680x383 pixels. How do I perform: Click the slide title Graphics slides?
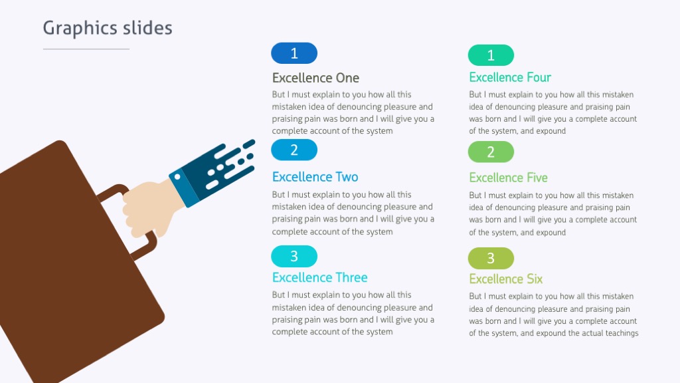[x=108, y=28]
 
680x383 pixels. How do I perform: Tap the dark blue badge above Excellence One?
[x=294, y=53]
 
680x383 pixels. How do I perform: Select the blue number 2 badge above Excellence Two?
[x=294, y=150]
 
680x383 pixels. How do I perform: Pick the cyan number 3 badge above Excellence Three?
[x=294, y=256]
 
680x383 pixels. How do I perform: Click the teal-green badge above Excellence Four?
[x=491, y=55]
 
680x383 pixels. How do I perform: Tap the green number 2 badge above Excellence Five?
[x=491, y=152]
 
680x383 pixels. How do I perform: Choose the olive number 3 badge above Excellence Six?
[x=491, y=258]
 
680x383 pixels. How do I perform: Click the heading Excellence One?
[x=315, y=78]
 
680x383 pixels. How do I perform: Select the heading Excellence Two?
[x=315, y=177]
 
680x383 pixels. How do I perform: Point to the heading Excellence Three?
[x=319, y=277]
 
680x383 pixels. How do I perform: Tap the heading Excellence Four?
[x=510, y=77]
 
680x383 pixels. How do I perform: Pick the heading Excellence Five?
[x=508, y=178]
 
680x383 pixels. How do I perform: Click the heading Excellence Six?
[x=505, y=279]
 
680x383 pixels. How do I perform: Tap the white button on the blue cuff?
[x=177, y=177]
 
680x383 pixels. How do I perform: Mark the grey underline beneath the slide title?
[x=86, y=49]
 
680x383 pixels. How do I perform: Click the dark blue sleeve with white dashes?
[x=219, y=166]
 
